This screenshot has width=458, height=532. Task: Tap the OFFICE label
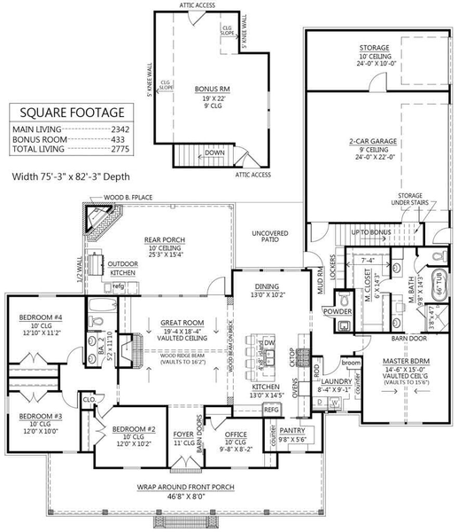tap(235, 434)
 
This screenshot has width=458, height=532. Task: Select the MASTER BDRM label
tap(407, 362)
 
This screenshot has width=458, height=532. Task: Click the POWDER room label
tap(337, 312)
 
